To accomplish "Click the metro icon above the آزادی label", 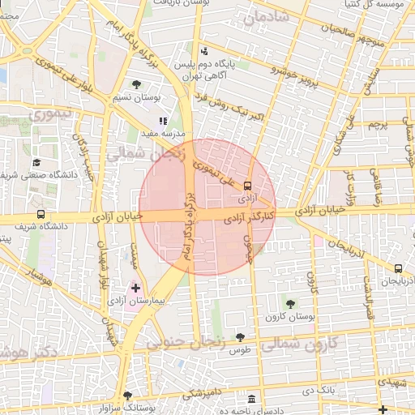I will point(247,184).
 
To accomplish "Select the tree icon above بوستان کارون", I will point(290,304).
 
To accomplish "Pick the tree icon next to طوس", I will point(239,336).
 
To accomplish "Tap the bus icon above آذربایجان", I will point(398,268).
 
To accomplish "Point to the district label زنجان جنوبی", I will point(187,343).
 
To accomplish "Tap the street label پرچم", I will point(378,126).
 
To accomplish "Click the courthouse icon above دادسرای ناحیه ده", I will point(252,400).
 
